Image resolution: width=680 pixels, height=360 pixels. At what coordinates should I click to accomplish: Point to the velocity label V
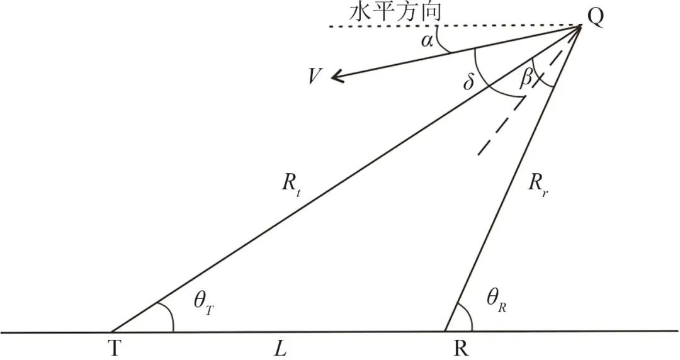tap(315, 77)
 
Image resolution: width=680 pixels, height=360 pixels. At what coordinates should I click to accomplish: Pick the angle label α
tap(428, 42)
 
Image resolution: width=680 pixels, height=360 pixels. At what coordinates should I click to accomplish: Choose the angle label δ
tap(468, 84)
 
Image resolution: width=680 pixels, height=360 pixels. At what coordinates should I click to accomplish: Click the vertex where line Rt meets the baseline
tap(111, 331)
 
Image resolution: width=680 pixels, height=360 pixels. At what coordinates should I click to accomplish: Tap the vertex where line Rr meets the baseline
tap(445, 331)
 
